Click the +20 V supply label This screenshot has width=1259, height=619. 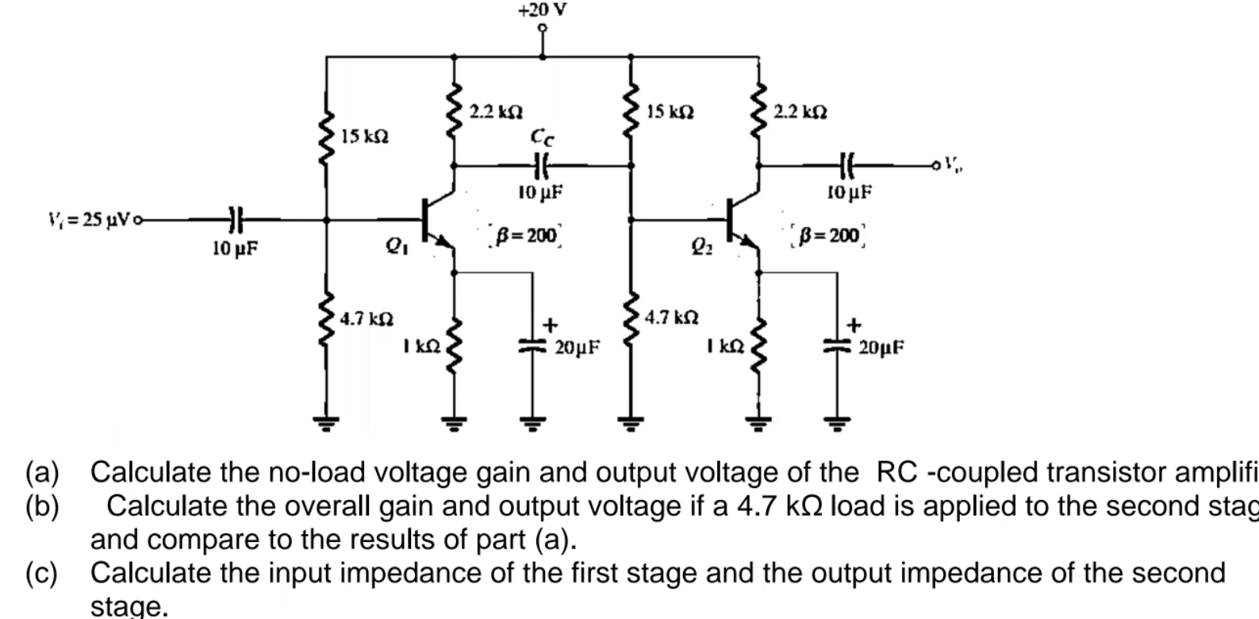point(543,10)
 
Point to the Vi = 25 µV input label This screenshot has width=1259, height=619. point(89,219)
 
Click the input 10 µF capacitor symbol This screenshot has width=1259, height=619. point(235,219)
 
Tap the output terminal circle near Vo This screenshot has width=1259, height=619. point(937,166)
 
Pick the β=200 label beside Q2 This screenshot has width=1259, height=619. point(830,235)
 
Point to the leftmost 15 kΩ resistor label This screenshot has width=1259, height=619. point(365,136)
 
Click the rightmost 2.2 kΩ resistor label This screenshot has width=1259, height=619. point(800,113)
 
